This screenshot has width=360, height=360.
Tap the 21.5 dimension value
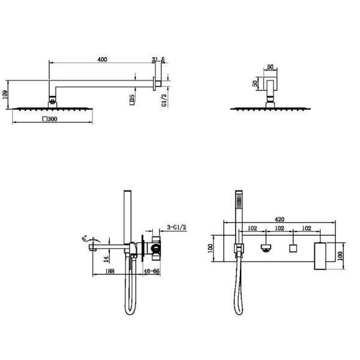(158, 59)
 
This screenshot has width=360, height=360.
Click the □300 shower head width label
(50, 119)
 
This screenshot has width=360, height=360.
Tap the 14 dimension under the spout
(106, 260)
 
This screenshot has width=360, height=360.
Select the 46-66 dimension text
(151, 272)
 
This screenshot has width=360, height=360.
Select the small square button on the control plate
(294, 248)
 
